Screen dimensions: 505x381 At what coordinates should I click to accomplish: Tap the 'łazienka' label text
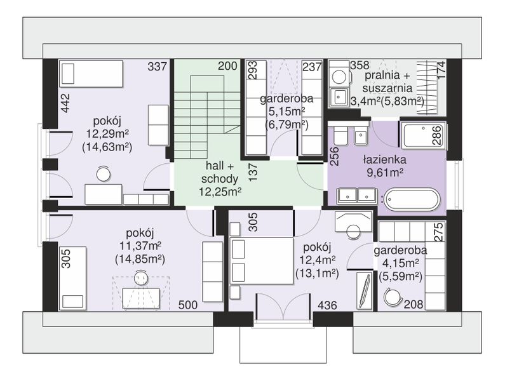385,159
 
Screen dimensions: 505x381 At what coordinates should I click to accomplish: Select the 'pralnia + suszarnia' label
387,82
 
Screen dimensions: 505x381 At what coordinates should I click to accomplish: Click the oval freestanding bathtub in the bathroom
412,199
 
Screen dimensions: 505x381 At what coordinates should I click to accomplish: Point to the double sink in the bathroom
356,196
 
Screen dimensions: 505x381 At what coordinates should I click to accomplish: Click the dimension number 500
188,305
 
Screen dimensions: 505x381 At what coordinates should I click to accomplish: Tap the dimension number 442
65,103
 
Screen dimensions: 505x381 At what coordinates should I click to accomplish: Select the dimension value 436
327,305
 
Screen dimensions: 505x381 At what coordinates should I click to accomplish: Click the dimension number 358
360,65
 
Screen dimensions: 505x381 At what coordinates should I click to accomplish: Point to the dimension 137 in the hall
253,172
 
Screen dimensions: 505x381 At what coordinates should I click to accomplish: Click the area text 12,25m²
220,192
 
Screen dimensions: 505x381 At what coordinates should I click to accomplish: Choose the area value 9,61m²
385,173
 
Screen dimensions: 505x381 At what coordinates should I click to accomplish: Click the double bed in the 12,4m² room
261,261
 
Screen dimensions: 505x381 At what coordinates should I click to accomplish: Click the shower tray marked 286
422,135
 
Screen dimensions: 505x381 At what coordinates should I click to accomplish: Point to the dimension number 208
414,304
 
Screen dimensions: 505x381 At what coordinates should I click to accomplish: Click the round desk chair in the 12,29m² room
104,174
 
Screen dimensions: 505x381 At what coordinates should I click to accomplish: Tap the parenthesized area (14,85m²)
140,260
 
